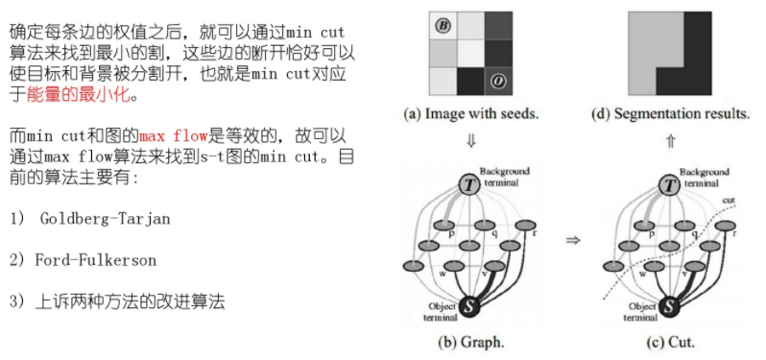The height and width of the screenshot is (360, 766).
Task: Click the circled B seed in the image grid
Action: tap(443, 25)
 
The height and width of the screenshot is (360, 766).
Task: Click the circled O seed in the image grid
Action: tap(498, 81)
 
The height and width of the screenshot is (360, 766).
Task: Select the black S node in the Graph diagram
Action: tap(469, 306)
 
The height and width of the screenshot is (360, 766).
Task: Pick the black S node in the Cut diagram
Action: tap(668, 306)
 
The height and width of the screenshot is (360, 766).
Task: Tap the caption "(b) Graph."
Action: tap(470, 341)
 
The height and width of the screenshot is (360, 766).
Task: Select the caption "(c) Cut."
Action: tap(669, 341)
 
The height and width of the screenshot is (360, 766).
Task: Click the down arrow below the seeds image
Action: tap(470, 140)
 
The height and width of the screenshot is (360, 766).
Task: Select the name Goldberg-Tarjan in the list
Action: tap(106, 219)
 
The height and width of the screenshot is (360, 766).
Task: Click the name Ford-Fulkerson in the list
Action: tap(95, 260)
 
